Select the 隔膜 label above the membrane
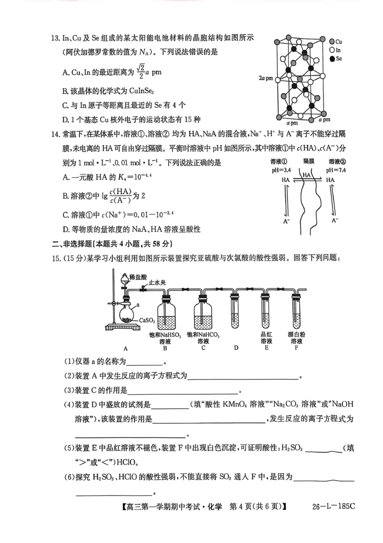click(309, 163)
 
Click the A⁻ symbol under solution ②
click(337, 221)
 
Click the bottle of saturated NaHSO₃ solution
click(165, 314)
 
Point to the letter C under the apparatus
click(203, 349)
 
